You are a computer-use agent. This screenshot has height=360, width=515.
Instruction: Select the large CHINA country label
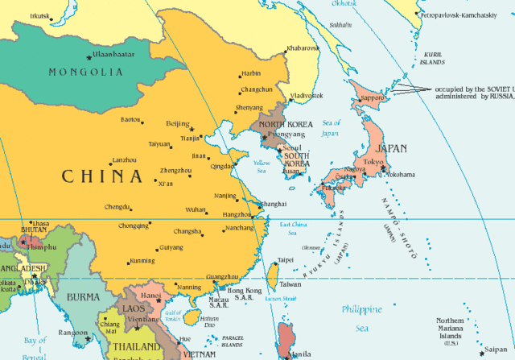(102, 176)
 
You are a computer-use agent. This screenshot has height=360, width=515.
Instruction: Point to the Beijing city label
(176, 123)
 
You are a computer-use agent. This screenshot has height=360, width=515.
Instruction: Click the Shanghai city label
(274, 205)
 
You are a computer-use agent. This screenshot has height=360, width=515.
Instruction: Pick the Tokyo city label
(373, 162)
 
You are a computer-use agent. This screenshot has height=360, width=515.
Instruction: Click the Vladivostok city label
(307, 95)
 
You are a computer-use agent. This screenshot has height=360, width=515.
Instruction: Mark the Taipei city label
(286, 260)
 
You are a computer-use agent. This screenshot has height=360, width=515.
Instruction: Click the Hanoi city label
(152, 296)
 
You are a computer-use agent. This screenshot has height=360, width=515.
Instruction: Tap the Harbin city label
(251, 73)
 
